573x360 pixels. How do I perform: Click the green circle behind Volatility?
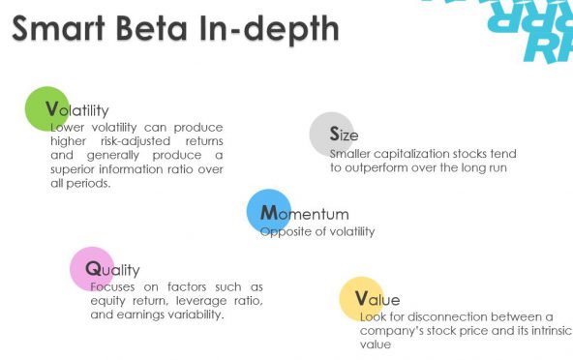click(46, 108)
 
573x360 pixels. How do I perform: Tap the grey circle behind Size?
click(331, 135)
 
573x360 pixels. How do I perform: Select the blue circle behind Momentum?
click(268, 212)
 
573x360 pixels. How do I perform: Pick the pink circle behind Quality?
click(92, 268)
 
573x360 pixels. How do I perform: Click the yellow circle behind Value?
click(361, 298)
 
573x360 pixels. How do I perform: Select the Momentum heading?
click(305, 214)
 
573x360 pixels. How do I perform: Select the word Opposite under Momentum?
click(286, 231)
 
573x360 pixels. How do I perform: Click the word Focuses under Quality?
click(115, 286)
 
